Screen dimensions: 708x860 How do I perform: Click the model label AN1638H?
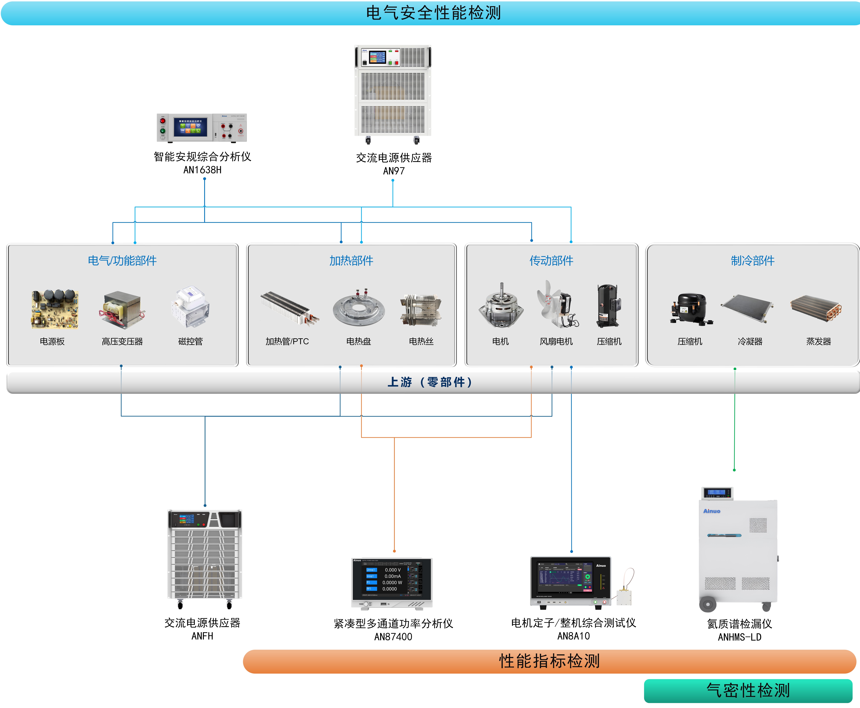pyautogui.click(x=202, y=170)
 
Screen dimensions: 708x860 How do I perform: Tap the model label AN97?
pyautogui.click(x=393, y=171)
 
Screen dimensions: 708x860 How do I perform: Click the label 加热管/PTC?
pyautogui.click(x=287, y=341)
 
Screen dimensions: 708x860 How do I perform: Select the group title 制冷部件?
pyautogui.click(x=752, y=261)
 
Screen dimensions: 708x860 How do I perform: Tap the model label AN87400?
pyautogui.click(x=393, y=637)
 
